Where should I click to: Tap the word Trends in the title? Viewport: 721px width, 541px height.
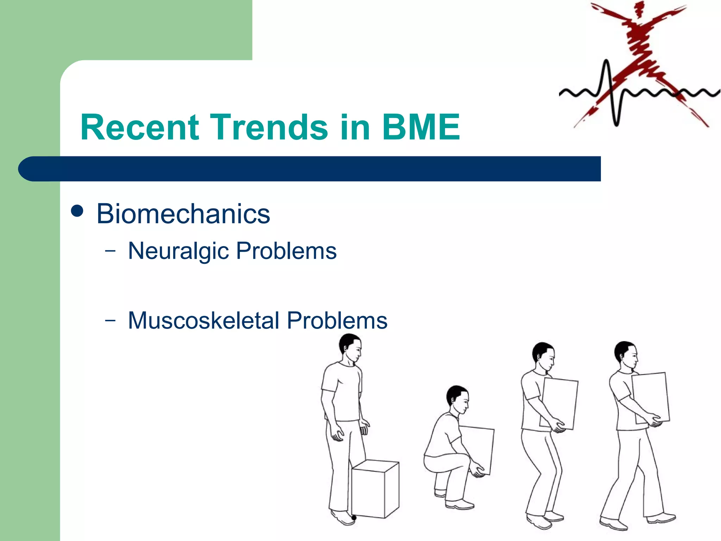coord(270,127)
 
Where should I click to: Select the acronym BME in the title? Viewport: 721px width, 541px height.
coord(421,127)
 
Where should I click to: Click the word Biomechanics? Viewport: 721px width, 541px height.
coord(183,214)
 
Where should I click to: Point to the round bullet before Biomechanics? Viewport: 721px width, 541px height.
coord(77,211)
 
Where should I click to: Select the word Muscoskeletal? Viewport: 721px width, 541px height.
coord(204,321)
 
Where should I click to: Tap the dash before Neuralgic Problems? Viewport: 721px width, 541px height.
coord(110,251)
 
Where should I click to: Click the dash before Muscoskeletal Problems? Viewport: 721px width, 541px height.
coord(110,321)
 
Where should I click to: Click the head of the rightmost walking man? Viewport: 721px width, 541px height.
coord(626,354)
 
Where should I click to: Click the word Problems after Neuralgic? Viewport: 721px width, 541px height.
coord(286,251)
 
